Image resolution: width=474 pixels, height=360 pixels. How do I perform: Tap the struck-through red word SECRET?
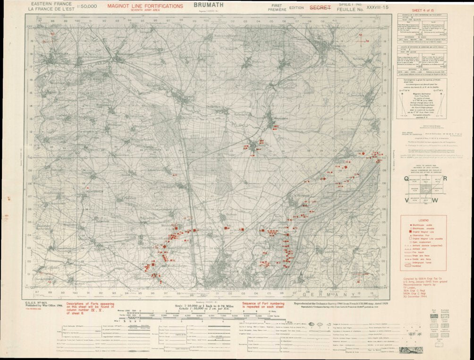320,8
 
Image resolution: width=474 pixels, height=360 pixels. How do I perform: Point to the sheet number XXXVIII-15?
372,8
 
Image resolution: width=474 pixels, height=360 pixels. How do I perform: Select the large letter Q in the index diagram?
406,178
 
